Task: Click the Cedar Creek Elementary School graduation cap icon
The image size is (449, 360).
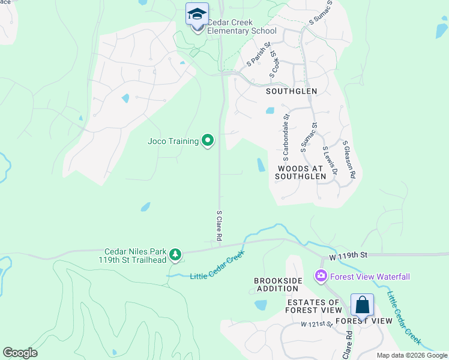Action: [196, 14]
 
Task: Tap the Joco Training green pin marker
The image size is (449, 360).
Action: [208, 141]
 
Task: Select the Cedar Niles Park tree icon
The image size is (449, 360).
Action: [175, 255]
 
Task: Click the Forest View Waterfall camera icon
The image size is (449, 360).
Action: [321, 276]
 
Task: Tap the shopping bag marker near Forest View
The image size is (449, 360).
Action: [363, 306]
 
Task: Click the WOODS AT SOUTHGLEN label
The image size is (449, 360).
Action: [301, 173]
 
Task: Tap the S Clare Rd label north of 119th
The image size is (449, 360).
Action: [220, 226]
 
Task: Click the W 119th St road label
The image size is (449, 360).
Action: [348, 256]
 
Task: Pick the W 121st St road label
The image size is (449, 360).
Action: [317, 324]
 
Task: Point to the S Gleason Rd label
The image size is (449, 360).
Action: [349, 160]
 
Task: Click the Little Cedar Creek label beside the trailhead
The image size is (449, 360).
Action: [217, 267]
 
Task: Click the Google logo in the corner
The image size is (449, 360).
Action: [20, 353]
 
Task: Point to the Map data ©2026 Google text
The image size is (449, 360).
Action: [412, 355]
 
